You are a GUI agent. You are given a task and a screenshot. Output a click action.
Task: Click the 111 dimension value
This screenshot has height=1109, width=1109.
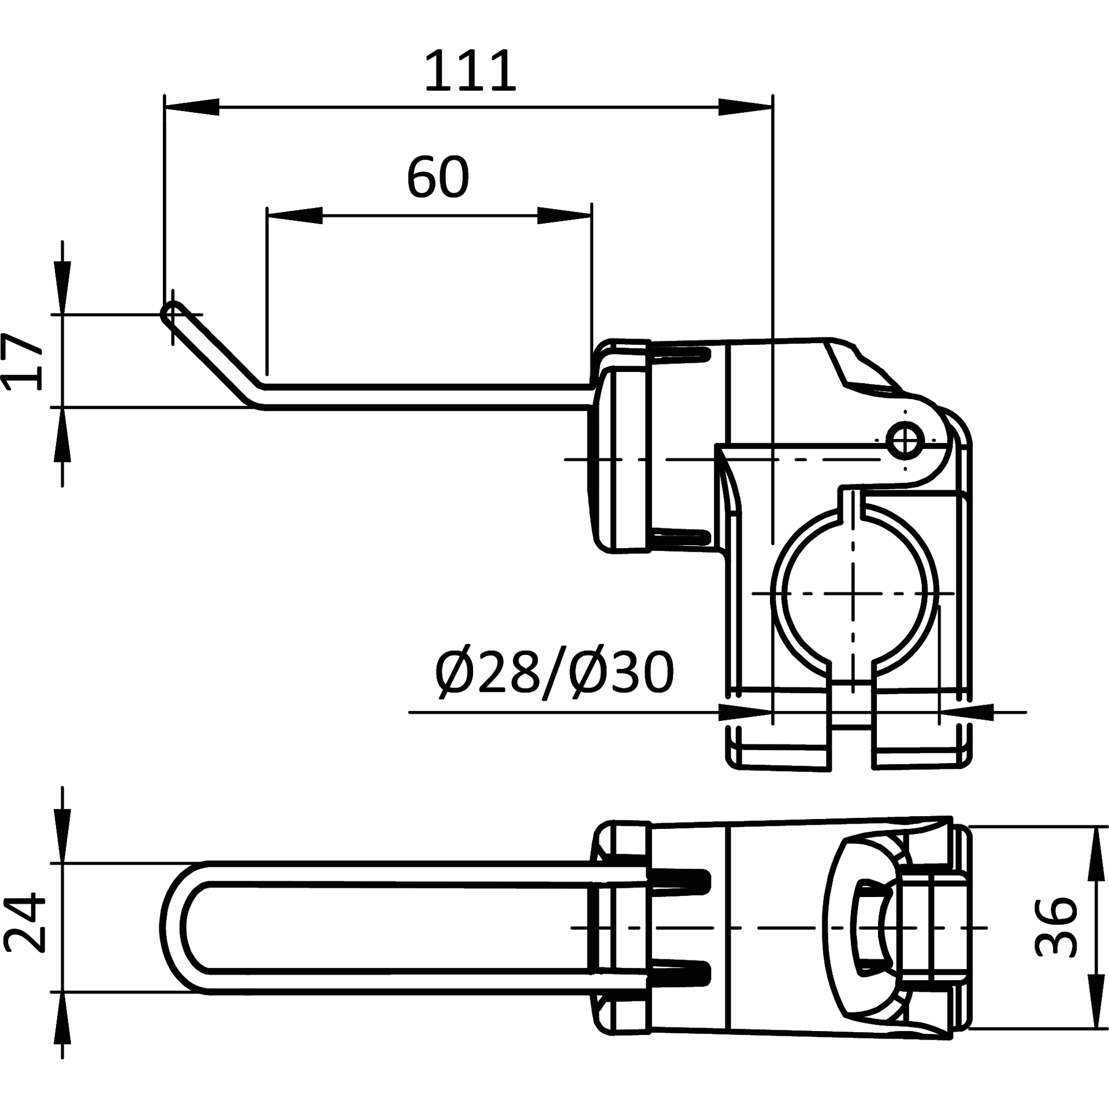pyautogui.click(x=470, y=71)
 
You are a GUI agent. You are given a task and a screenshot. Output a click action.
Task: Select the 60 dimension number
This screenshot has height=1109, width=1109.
pyautogui.click(x=438, y=177)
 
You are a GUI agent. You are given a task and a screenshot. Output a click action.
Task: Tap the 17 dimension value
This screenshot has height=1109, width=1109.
pyautogui.click(x=22, y=361)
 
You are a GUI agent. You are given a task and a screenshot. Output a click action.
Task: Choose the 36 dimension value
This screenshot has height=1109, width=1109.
pyautogui.click(x=1055, y=927)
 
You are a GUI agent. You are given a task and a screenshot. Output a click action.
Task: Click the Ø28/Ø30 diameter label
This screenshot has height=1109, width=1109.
pyautogui.click(x=554, y=673)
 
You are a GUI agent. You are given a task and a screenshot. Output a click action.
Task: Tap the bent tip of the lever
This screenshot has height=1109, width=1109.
pyautogui.click(x=172, y=313)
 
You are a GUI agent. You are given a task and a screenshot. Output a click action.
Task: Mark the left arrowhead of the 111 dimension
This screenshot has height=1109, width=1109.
pyautogui.click(x=192, y=107)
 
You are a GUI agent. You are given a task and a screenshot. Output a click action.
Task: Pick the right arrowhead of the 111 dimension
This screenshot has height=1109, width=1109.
pyautogui.click(x=745, y=107)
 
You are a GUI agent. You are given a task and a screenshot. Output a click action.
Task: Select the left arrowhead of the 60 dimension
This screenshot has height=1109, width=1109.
pyautogui.click(x=295, y=215)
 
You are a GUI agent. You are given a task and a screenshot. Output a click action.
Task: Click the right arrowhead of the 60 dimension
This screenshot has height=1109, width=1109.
pyautogui.click(x=564, y=215)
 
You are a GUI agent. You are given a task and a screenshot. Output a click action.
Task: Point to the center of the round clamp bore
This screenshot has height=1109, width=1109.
pyautogui.click(x=853, y=593)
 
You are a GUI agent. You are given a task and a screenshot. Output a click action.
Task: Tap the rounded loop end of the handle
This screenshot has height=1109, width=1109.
pyautogui.click(x=173, y=927)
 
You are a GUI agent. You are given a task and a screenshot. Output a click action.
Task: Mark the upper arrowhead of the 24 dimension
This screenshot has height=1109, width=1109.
pyautogui.click(x=62, y=836)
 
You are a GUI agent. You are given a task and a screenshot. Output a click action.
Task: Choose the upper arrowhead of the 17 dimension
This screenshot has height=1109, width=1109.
pyautogui.click(x=62, y=287)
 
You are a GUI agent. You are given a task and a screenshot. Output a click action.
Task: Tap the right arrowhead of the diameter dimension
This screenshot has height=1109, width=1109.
pyautogui.click(x=966, y=712)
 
